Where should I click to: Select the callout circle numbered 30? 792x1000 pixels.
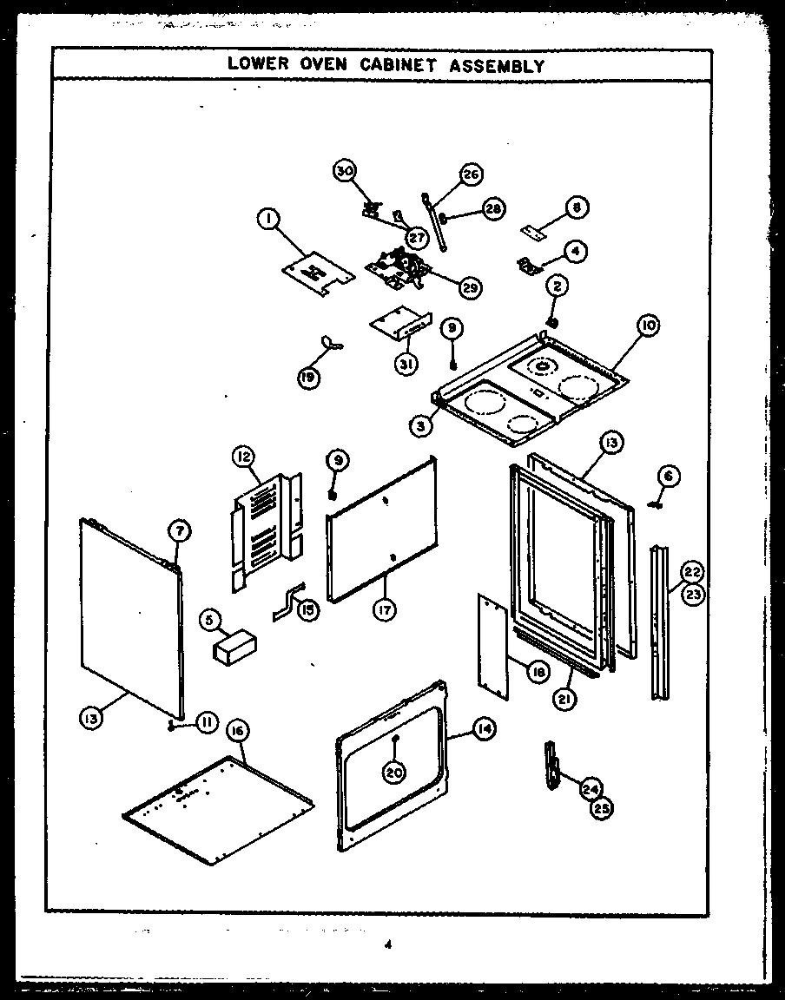[x=345, y=171]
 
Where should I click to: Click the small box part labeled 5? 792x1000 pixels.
[x=236, y=648]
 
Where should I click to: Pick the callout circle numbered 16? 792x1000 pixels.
[x=236, y=730]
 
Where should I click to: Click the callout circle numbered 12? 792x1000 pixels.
[x=242, y=456]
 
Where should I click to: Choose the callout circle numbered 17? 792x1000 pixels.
[x=383, y=609]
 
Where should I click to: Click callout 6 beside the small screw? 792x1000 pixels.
[x=669, y=476]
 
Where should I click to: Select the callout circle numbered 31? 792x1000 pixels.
[x=404, y=365]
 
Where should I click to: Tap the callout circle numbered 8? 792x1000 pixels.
[x=577, y=207]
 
